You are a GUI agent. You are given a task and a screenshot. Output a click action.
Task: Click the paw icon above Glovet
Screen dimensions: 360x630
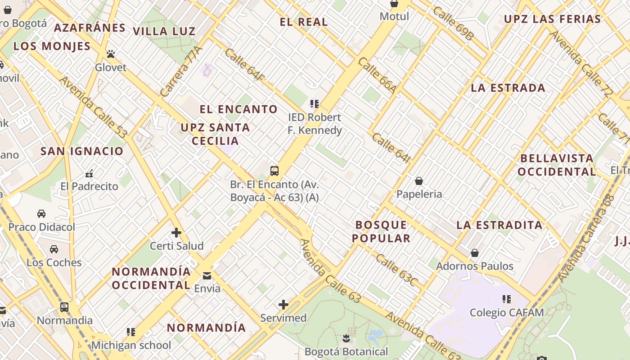pyautogui.click(x=111, y=54)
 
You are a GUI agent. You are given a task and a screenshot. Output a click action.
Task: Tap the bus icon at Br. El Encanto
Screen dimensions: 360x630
pyautogui.click(x=274, y=171)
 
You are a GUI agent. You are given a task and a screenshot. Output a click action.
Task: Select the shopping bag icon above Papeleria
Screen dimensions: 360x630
pyautogui.click(x=419, y=180)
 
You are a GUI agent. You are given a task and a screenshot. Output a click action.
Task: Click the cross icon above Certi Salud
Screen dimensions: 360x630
pyautogui.click(x=176, y=233)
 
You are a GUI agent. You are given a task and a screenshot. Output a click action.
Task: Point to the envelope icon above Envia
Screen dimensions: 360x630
pyautogui.click(x=207, y=275)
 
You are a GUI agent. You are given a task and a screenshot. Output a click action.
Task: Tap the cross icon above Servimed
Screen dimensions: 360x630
pyautogui.click(x=283, y=305)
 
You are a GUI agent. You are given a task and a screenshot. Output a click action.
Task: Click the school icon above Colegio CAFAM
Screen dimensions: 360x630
pyautogui.click(x=507, y=299)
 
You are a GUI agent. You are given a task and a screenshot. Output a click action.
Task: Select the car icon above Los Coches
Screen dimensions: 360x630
pyautogui.click(x=54, y=249)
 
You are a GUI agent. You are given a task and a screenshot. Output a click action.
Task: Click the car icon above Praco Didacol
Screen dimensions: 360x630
pyautogui.click(x=41, y=213)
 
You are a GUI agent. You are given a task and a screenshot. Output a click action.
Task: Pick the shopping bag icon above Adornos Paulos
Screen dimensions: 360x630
pyautogui.click(x=475, y=253)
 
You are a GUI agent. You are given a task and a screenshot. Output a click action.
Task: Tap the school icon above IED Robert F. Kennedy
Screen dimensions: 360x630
pyautogui.click(x=315, y=104)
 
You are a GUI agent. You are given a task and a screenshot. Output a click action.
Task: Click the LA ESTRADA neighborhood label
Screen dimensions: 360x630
pyautogui.click(x=508, y=88)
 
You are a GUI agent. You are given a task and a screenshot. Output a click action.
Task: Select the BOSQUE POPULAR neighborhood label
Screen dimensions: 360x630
pyautogui.click(x=382, y=231)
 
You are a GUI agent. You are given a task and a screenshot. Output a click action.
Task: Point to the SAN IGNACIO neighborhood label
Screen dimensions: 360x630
pyautogui.click(x=82, y=151)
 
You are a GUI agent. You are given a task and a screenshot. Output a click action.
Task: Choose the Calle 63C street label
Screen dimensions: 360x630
pyautogui.click(x=396, y=270)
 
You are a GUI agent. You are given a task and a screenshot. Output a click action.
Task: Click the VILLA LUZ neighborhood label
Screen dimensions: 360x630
pyautogui.click(x=164, y=31)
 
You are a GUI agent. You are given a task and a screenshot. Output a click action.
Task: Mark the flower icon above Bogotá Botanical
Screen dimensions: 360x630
pyautogui.click(x=346, y=337)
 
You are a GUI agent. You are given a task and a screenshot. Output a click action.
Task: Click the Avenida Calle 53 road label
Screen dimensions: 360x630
pyautogui.click(x=93, y=107)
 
